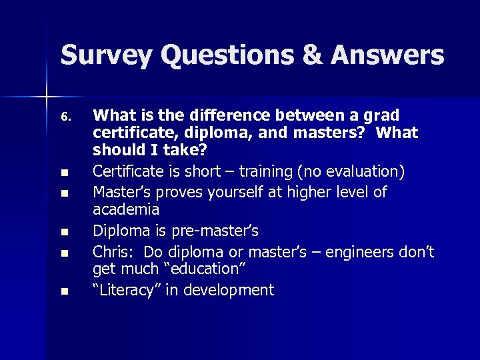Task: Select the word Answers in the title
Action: click(389, 55)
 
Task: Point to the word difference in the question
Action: click(217, 114)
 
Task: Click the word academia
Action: click(126, 210)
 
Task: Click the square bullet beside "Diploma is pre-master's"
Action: click(64, 232)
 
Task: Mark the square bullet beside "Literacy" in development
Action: click(64, 291)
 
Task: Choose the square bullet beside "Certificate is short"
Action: click(64, 173)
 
